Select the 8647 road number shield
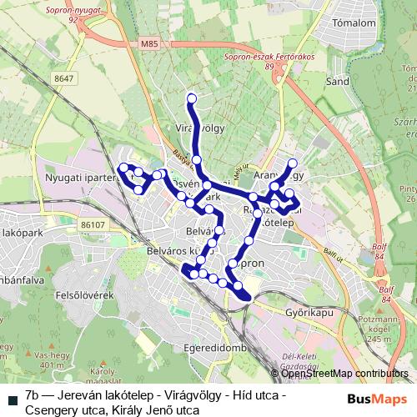[x=64, y=78]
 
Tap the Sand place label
[x=337, y=82]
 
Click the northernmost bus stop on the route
[x=192, y=99]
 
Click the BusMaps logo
[x=377, y=399]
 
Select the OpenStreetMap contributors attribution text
[x=344, y=374]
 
